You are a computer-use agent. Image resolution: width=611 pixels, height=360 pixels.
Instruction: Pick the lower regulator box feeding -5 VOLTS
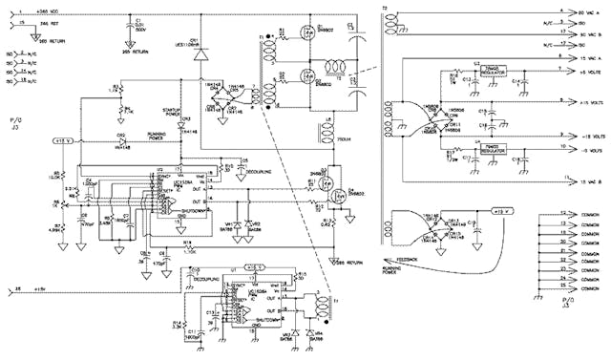(493, 149)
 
